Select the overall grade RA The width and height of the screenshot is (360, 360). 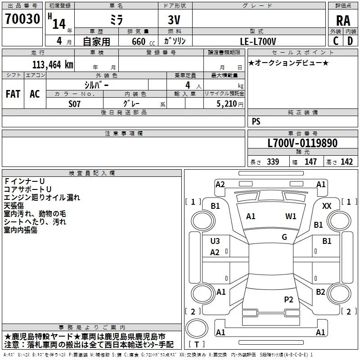343,20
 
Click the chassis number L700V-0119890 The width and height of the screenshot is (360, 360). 302,144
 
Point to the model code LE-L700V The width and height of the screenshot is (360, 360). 259,41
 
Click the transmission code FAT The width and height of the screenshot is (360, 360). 13,94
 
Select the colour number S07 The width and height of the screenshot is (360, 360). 75,103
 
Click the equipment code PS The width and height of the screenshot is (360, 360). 256,121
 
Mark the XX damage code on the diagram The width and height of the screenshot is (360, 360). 327,206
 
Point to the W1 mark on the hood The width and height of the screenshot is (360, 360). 291,216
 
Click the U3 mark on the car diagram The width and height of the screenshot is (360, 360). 215,241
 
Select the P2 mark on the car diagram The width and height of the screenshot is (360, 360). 288,299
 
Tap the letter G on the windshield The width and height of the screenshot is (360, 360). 284,237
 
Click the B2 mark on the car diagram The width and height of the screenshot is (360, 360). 320,292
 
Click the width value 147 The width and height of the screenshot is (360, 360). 310,162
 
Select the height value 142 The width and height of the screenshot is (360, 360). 347,162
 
